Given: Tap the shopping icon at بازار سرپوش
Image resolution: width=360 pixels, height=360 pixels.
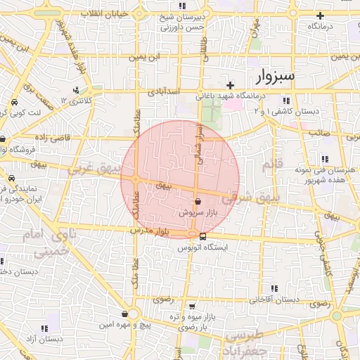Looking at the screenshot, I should pos(197,200).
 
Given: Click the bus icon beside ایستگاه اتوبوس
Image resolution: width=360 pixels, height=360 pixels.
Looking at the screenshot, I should pos(203,236).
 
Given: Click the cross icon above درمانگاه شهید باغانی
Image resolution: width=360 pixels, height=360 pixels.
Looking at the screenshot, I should pos(229,85).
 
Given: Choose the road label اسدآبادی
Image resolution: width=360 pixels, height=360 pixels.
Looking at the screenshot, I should pos(165,91).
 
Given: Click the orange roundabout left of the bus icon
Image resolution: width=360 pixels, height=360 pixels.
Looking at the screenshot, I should pos(192,234).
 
